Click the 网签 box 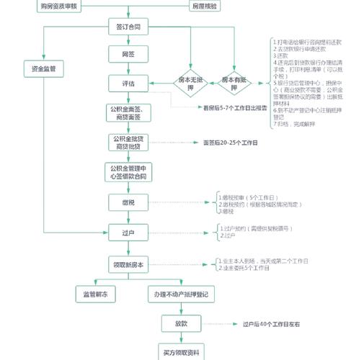pyautogui.click(x=128, y=55)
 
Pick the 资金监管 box pyautogui.click(x=44, y=68)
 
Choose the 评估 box pyautogui.click(x=128, y=84)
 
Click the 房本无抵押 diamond pyautogui.click(x=192, y=83)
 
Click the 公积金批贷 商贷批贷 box pyautogui.click(x=128, y=143)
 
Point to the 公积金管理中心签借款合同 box pyautogui.click(x=128, y=171)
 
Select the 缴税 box pyautogui.click(x=128, y=203)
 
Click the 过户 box pyautogui.click(x=128, y=233)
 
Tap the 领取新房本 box pyautogui.click(x=128, y=264)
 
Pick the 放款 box pyautogui.click(x=181, y=324)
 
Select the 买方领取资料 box pyautogui.click(x=181, y=351)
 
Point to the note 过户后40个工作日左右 pyautogui.click(x=272, y=325)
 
